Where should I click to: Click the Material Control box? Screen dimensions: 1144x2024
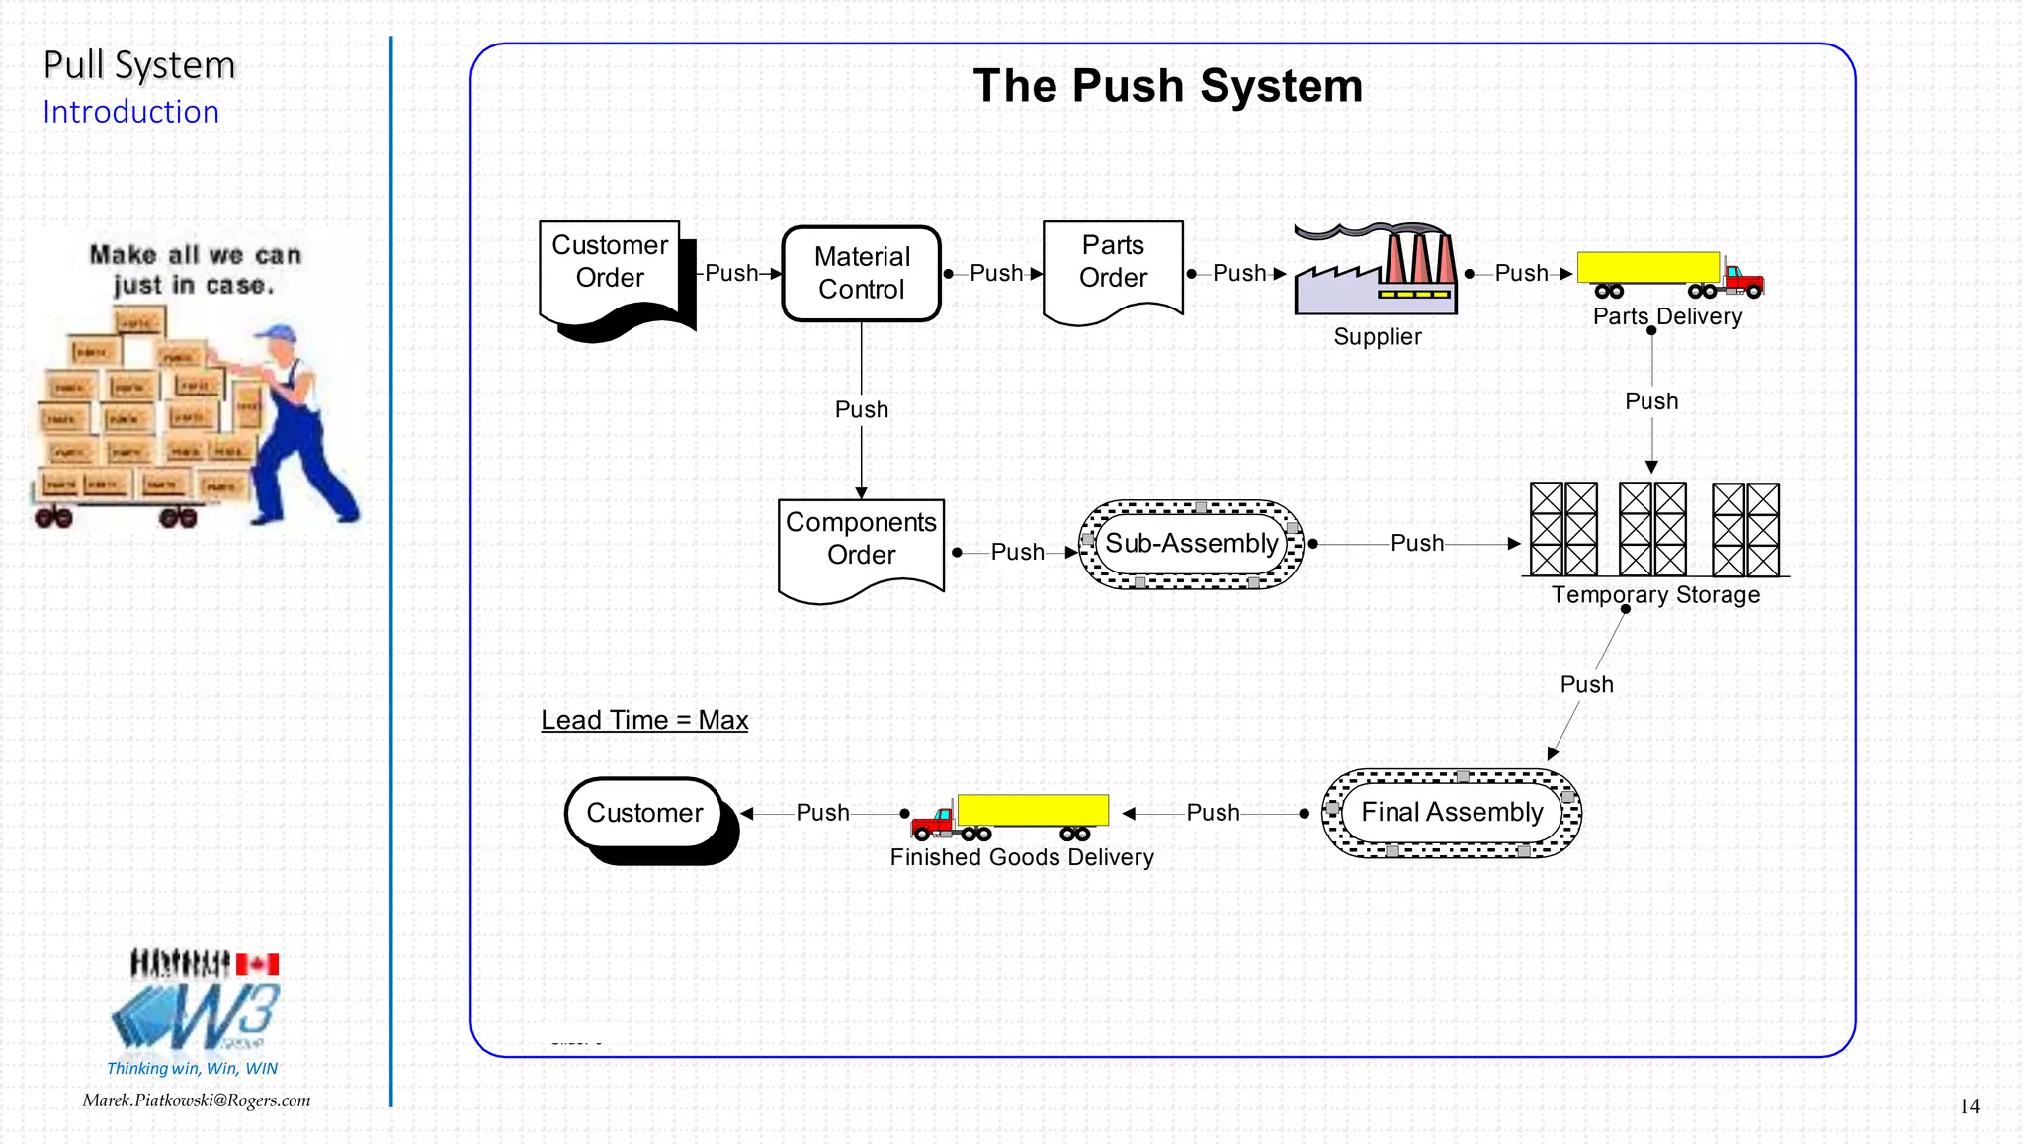(861, 274)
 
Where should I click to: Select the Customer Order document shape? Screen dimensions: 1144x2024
(610, 267)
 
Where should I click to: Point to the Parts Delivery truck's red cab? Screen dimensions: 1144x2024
(1743, 280)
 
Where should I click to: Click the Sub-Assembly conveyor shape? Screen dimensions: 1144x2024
(1191, 544)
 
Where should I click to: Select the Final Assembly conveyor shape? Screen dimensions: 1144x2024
(1451, 813)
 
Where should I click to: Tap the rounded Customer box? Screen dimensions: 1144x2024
(644, 813)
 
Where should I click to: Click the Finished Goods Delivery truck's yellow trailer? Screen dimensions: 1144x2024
(1032, 810)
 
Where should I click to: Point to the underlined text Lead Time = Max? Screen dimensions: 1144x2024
(644, 720)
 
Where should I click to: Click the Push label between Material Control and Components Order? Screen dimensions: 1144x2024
(862, 409)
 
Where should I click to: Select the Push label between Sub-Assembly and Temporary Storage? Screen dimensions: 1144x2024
(1416, 543)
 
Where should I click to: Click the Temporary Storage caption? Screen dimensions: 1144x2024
(1655, 595)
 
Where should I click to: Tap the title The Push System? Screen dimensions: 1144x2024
(1167, 86)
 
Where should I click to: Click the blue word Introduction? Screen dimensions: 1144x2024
(130, 112)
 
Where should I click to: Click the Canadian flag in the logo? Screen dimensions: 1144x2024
(257, 964)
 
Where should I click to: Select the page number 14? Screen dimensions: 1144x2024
(1969, 1106)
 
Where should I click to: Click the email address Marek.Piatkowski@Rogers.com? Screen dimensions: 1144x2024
(197, 1100)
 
